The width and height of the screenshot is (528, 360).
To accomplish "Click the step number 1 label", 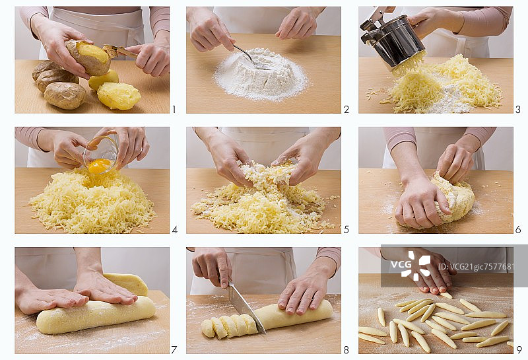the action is click(x=174, y=109).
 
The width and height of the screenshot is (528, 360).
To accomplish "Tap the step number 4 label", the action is click(x=174, y=230).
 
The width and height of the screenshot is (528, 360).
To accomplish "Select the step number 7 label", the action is click(x=174, y=350).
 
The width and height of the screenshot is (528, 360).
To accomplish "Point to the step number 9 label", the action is click(x=519, y=350).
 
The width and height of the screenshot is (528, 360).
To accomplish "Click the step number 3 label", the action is click(x=518, y=109).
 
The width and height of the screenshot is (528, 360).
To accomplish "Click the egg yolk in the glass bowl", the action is click(x=99, y=166).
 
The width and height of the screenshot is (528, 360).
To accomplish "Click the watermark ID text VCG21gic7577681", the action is click(x=476, y=267).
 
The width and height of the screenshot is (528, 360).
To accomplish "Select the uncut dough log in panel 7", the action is click(x=96, y=315).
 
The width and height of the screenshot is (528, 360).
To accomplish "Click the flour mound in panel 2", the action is click(x=261, y=75).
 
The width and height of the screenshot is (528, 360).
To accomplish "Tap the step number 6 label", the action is click(x=518, y=230).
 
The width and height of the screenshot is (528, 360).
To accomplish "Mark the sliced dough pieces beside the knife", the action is click(x=229, y=326).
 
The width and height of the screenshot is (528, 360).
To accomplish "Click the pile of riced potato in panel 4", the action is click(x=92, y=202).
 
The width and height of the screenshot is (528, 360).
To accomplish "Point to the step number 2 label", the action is click(x=346, y=109).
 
